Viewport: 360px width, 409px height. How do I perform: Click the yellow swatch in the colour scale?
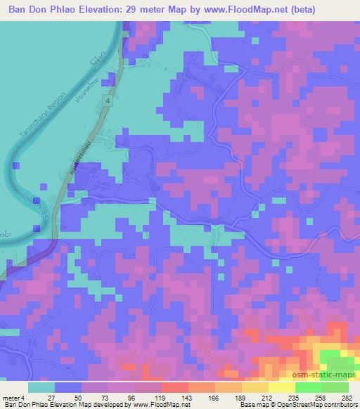(x=281, y=387)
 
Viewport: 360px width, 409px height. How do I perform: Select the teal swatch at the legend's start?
(x=41, y=387)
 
